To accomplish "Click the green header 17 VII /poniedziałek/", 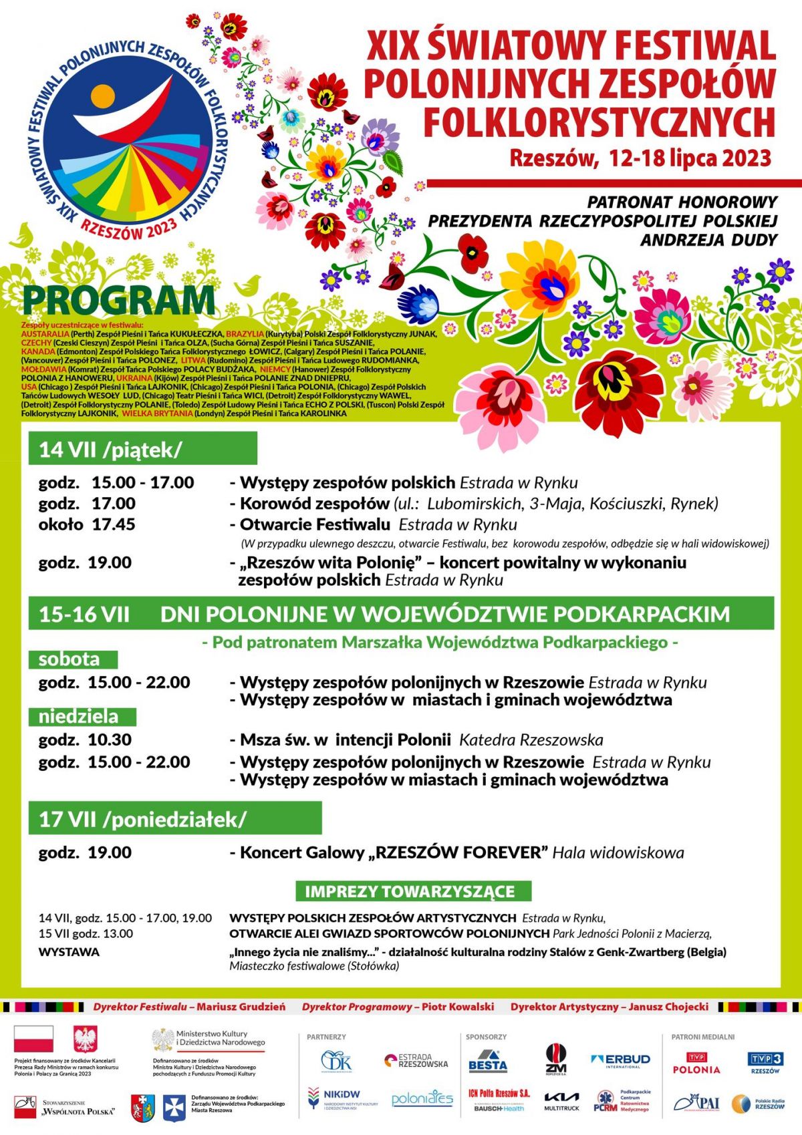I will coord(174,819).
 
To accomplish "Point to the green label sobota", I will coord(72,659).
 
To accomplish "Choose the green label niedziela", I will coord(82,717).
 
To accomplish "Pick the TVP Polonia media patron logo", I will coord(696,1063).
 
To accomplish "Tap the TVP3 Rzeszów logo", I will coord(765,1062).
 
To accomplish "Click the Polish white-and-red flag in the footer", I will coord(33,1040).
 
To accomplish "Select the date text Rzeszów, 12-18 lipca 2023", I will coord(640,158).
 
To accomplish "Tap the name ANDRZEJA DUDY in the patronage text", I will coord(708,240).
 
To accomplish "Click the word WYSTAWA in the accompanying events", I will coord(69,952).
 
